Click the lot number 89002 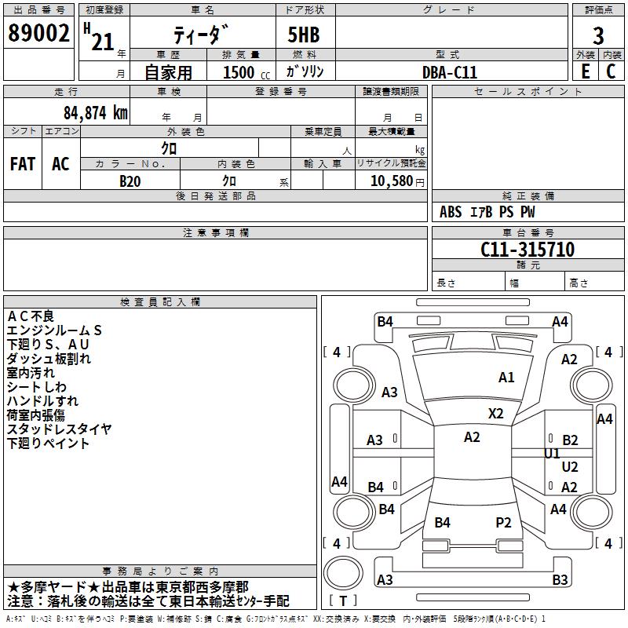[x=38, y=33]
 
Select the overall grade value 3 [x=598, y=35]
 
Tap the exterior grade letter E [x=586, y=71]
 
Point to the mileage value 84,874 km [x=96, y=113]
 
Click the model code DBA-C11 [x=450, y=72]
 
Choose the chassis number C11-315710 [x=528, y=249]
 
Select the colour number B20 [x=130, y=181]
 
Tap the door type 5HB [x=304, y=35]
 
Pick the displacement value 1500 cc [x=246, y=72]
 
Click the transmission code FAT [x=23, y=164]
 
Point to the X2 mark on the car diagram [x=495, y=414]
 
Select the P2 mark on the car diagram [x=503, y=522]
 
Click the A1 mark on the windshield [x=506, y=378]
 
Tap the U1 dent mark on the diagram [x=552, y=454]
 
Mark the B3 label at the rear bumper [x=560, y=579]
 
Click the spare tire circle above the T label [x=343, y=573]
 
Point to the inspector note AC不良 [x=31, y=316]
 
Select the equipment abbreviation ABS [x=451, y=212]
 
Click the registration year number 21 [x=103, y=42]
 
